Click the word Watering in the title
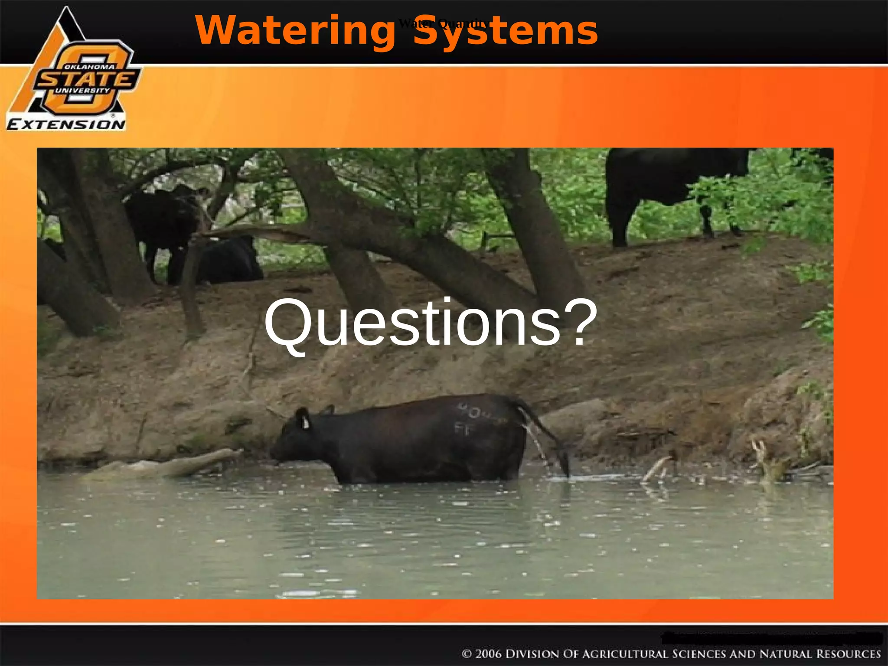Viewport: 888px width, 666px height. (295, 30)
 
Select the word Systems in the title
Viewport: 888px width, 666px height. (505, 30)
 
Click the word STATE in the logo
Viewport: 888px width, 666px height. (87, 79)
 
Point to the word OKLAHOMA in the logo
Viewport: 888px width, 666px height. (89, 67)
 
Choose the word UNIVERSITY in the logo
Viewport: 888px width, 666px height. (82, 91)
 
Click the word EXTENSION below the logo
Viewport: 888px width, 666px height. (66, 125)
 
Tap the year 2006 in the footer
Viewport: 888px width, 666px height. (489, 653)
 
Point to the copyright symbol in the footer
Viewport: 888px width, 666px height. (467, 654)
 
